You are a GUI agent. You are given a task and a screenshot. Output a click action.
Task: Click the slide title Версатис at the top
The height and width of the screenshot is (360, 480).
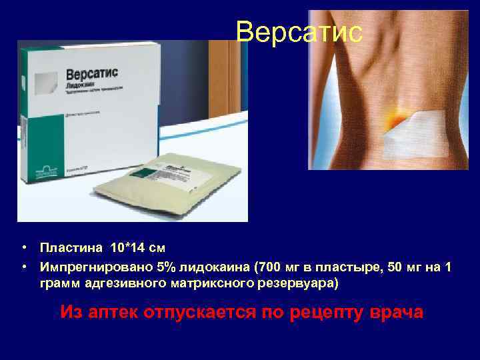(299, 31)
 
